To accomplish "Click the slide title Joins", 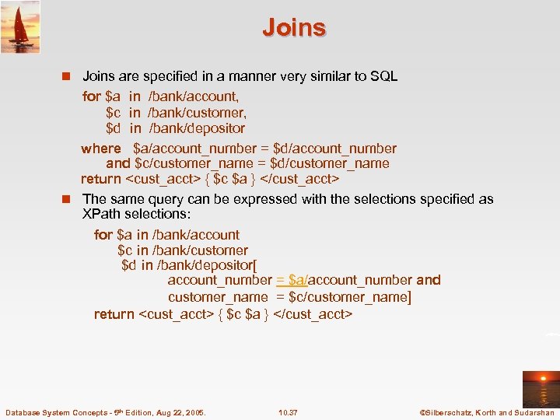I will coord(294,27).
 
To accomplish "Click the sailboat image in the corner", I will coord(21,27).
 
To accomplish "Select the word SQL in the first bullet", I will coord(382,76).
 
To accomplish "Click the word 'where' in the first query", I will coord(101,149).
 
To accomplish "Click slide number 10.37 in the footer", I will coord(288,411).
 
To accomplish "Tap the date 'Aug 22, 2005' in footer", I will coord(181,411).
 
